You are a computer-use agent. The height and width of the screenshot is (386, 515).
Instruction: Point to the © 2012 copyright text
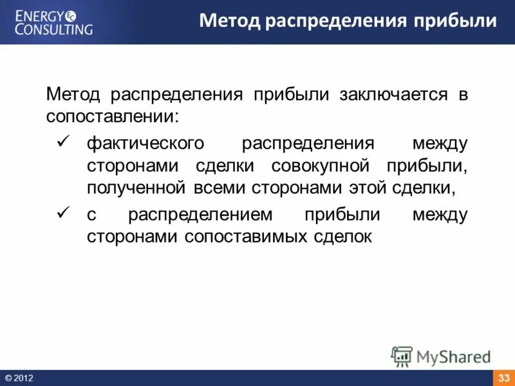coord(19,378)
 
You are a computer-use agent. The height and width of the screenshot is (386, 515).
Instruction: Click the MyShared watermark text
coord(454,356)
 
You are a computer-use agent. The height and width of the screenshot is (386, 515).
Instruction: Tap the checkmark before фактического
coord(63,141)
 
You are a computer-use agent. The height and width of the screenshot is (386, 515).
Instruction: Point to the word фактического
coord(145,142)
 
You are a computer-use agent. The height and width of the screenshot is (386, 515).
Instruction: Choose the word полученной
coord(136,188)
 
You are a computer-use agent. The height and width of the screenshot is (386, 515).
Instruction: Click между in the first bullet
coord(440,142)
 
